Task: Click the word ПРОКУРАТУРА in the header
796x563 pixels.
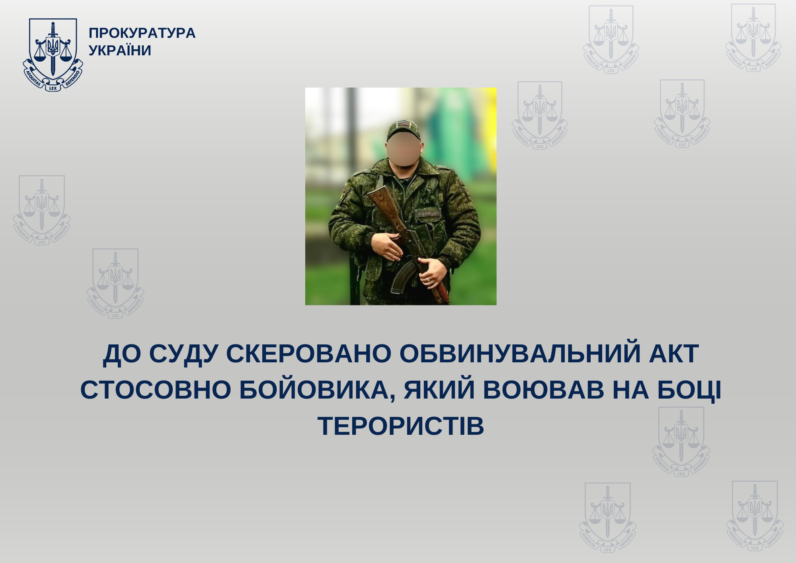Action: point(142,33)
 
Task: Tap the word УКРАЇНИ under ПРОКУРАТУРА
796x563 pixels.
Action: point(120,51)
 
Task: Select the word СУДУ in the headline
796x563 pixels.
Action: point(183,354)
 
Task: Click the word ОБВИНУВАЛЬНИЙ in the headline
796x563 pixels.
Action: point(520,354)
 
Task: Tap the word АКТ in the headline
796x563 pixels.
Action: point(674,354)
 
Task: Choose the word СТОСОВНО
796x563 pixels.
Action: point(156,390)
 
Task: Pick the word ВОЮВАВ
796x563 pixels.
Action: point(543,390)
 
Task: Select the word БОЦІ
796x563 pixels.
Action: point(689,390)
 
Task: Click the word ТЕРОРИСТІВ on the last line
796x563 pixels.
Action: point(400,426)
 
